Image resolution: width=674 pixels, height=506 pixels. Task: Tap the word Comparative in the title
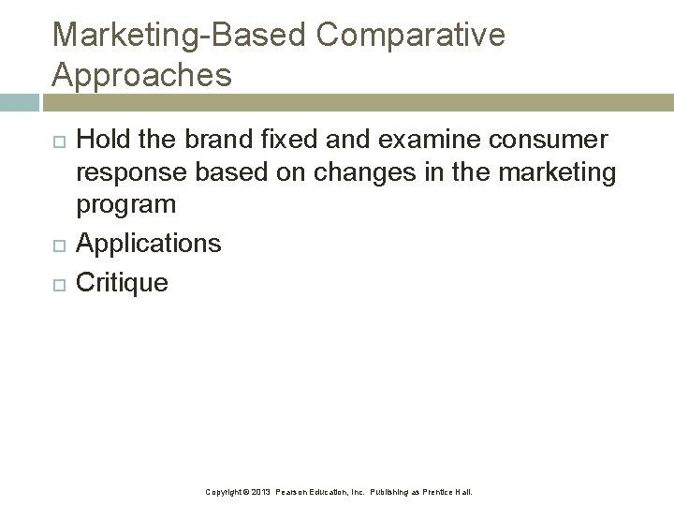[411, 36]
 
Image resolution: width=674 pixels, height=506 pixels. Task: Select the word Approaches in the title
[141, 75]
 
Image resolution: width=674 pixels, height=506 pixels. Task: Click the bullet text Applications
[148, 244]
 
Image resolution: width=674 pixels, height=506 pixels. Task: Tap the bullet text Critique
[122, 282]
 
